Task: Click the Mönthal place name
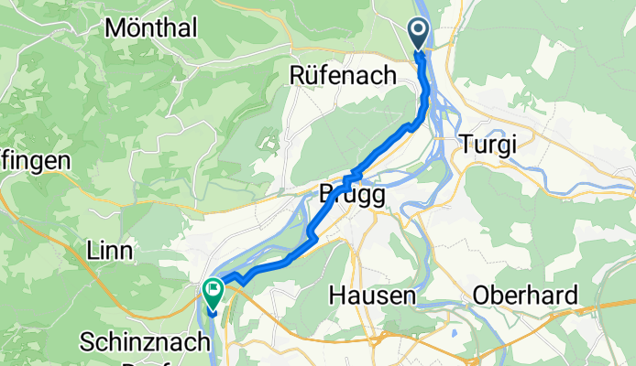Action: (x=152, y=28)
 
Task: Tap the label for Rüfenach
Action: (x=343, y=74)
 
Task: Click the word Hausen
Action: (x=373, y=296)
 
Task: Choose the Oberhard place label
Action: (x=525, y=296)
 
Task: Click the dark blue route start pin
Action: (x=419, y=34)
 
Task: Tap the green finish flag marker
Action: (x=214, y=292)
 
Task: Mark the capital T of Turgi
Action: (x=464, y=144)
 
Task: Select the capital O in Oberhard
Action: (x=482, y=296)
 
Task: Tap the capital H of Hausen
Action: (x=336, y=296)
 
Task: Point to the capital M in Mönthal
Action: (x=114, y=28)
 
